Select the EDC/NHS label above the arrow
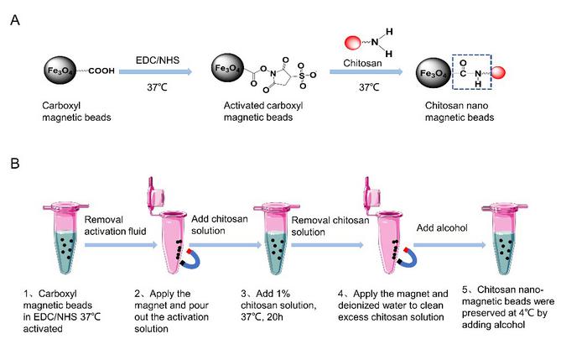pyautogui.click(x=155, y=60)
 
